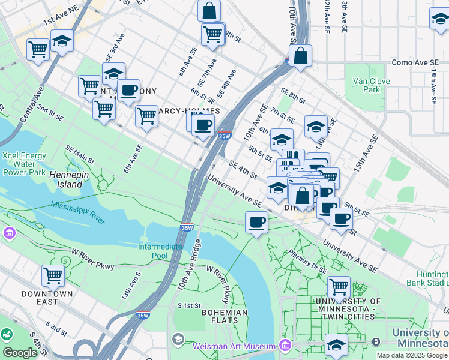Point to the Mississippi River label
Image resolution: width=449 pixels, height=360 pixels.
tap(78, 212)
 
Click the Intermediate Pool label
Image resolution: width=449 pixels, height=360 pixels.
tap(161, 251)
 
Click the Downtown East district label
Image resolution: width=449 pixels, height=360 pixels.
tap(47, 298)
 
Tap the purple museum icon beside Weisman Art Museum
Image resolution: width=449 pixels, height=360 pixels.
tap(284, 346)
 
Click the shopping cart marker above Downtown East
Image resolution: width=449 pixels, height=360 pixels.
tap(53, 275)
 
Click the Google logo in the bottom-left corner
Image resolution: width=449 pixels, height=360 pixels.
tap(20, 352)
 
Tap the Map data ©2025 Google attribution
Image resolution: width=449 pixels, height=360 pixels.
tap(412, 355)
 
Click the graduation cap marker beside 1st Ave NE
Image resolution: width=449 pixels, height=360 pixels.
tap(62, 41)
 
